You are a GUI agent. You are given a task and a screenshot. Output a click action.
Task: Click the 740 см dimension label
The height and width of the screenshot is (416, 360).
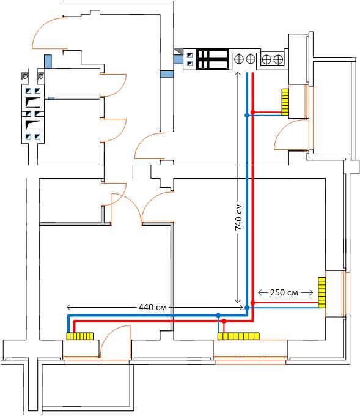click(x=238, y=217)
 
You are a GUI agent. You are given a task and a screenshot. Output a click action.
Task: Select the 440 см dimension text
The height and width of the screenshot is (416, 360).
click(x=153, y=307)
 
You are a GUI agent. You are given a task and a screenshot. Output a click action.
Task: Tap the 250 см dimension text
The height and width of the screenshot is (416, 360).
click(x=284, y=292)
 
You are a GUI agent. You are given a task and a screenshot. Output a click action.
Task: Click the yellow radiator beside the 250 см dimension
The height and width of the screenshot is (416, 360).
click(x=322, y=292)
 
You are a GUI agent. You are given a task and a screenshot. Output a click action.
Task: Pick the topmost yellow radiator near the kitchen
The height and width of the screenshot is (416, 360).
click(x=285, y=102)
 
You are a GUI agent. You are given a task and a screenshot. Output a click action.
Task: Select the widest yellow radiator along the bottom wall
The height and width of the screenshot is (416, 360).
click(x=238, y=336)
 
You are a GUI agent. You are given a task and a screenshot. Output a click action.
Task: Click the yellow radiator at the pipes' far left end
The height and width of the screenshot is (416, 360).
click(x=80, y=336)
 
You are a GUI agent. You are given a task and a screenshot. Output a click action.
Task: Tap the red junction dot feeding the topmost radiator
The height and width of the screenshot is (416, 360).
click(x=253, y=112)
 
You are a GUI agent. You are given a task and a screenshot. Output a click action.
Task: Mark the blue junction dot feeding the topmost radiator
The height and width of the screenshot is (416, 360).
click(x=247, y=116)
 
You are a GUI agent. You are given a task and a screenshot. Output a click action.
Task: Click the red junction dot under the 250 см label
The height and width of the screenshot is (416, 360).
click(x=253, y=303)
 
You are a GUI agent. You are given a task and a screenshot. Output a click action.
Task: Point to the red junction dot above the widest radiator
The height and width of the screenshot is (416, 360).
click(x=224, y=321)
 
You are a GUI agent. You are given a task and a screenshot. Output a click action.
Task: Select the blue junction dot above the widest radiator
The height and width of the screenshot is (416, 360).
click(x=218, y=316)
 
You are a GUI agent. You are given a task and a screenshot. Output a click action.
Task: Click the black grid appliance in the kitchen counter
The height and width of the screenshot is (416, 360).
click(x=213, y=59)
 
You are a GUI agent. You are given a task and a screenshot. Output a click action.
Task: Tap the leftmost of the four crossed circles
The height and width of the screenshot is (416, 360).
click(x=239, y=59)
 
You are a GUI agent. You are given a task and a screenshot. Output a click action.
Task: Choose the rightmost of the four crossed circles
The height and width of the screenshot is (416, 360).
click(x=278, y=59)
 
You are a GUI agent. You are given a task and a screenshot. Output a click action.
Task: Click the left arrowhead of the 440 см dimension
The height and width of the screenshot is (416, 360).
click(x=68, y=308)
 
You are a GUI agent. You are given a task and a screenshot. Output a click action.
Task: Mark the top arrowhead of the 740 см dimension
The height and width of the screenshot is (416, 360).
click(x=238, y=74)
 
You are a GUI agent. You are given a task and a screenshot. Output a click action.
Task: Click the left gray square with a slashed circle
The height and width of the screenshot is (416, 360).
click(x=25, y=76)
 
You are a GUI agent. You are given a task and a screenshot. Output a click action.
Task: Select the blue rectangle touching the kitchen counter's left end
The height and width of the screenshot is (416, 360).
click(x=178, y=59)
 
